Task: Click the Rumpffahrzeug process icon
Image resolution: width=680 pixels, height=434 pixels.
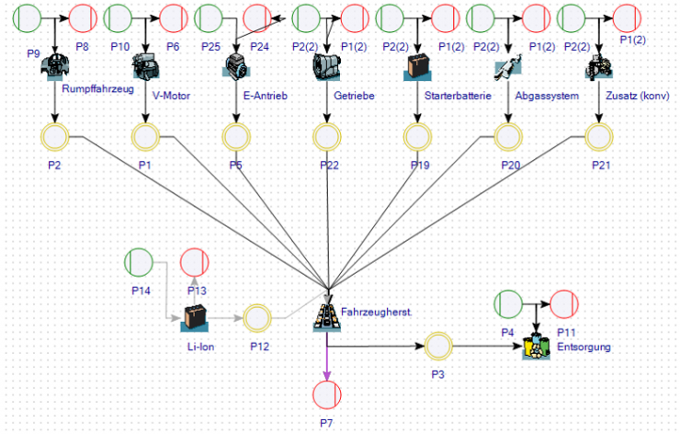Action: tap(55, 66)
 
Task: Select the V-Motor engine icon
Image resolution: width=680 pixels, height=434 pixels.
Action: tap(145, 66)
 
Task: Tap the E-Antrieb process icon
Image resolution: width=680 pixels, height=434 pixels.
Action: tap(237, 66)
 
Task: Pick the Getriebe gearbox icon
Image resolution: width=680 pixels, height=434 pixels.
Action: tap(327, 66)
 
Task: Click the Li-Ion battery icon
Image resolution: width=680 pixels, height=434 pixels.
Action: tap(194, 318)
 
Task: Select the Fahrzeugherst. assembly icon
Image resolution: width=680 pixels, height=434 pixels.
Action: tap(328, 314)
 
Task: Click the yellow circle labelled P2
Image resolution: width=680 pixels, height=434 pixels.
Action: tap(55, 137)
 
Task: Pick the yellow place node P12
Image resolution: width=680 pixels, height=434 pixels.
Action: tap(258, 318)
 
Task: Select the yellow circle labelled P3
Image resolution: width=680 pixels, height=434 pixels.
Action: tap(438, 347)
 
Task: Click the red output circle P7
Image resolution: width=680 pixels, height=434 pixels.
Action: tap(327, 394)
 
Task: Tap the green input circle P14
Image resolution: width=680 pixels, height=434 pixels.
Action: tap(139, 263)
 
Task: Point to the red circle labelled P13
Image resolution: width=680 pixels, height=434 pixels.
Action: tap(194, 263)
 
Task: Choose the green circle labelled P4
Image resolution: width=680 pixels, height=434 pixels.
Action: tap(508, 303)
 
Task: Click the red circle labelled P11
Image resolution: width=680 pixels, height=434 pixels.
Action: tap(563, 303)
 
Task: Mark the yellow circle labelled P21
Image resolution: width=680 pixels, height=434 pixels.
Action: tap(599, 137)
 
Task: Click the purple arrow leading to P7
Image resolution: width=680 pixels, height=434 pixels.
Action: tap(327, 359)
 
